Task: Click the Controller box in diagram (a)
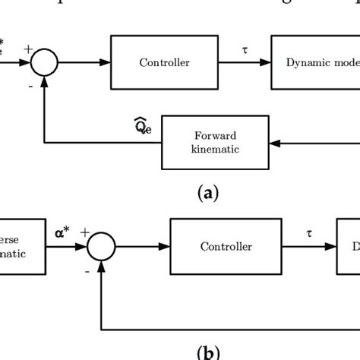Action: pyautogui.click(x=165, y=63)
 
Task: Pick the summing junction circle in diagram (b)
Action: pyautogui.click(x=101, y=246)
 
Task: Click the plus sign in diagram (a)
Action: pyautogui.click(x=28, y=49)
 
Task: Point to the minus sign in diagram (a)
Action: pyautogui.click(x=30, y=86)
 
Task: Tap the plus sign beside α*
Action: pyautogui.click(x=84, y=232)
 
